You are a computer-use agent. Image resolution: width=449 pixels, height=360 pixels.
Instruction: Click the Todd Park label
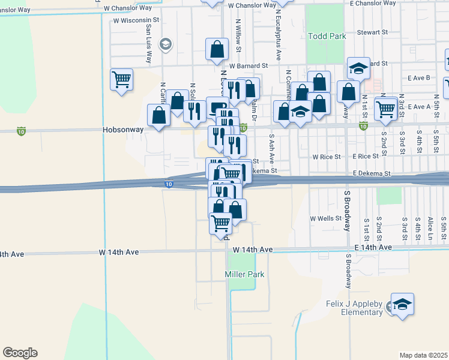point(327,36)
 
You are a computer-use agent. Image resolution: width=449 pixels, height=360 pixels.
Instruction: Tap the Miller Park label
point(244,274)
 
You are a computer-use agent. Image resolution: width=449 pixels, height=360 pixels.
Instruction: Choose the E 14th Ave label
point(373,247)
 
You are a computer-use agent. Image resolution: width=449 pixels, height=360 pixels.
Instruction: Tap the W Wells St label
point(325,218)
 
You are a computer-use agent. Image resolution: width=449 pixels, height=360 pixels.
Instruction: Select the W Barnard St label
point(247,65)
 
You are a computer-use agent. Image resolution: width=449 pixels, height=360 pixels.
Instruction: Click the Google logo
point(20,353)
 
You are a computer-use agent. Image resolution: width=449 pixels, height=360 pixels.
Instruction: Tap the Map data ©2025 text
point(423,355)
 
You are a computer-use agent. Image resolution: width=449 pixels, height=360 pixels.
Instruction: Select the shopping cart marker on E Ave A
point(385,109)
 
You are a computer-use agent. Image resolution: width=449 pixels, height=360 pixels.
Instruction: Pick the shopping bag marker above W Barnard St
point(217,49)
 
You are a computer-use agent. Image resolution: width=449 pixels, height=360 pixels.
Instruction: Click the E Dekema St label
point(372,173)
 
